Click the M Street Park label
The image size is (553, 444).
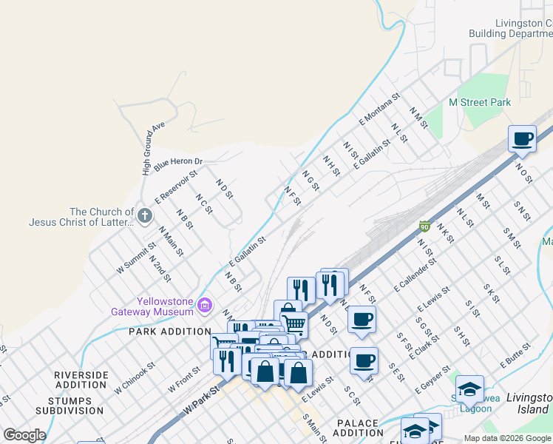480,102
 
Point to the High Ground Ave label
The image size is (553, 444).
152,149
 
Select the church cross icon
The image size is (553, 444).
145,216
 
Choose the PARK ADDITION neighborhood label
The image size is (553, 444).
169,332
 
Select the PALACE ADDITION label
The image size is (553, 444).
359,427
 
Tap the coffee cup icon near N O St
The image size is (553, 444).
522,139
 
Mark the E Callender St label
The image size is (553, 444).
415,274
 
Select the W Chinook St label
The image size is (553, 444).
135,377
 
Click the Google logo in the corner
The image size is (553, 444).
25,435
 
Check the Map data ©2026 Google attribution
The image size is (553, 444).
506,438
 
